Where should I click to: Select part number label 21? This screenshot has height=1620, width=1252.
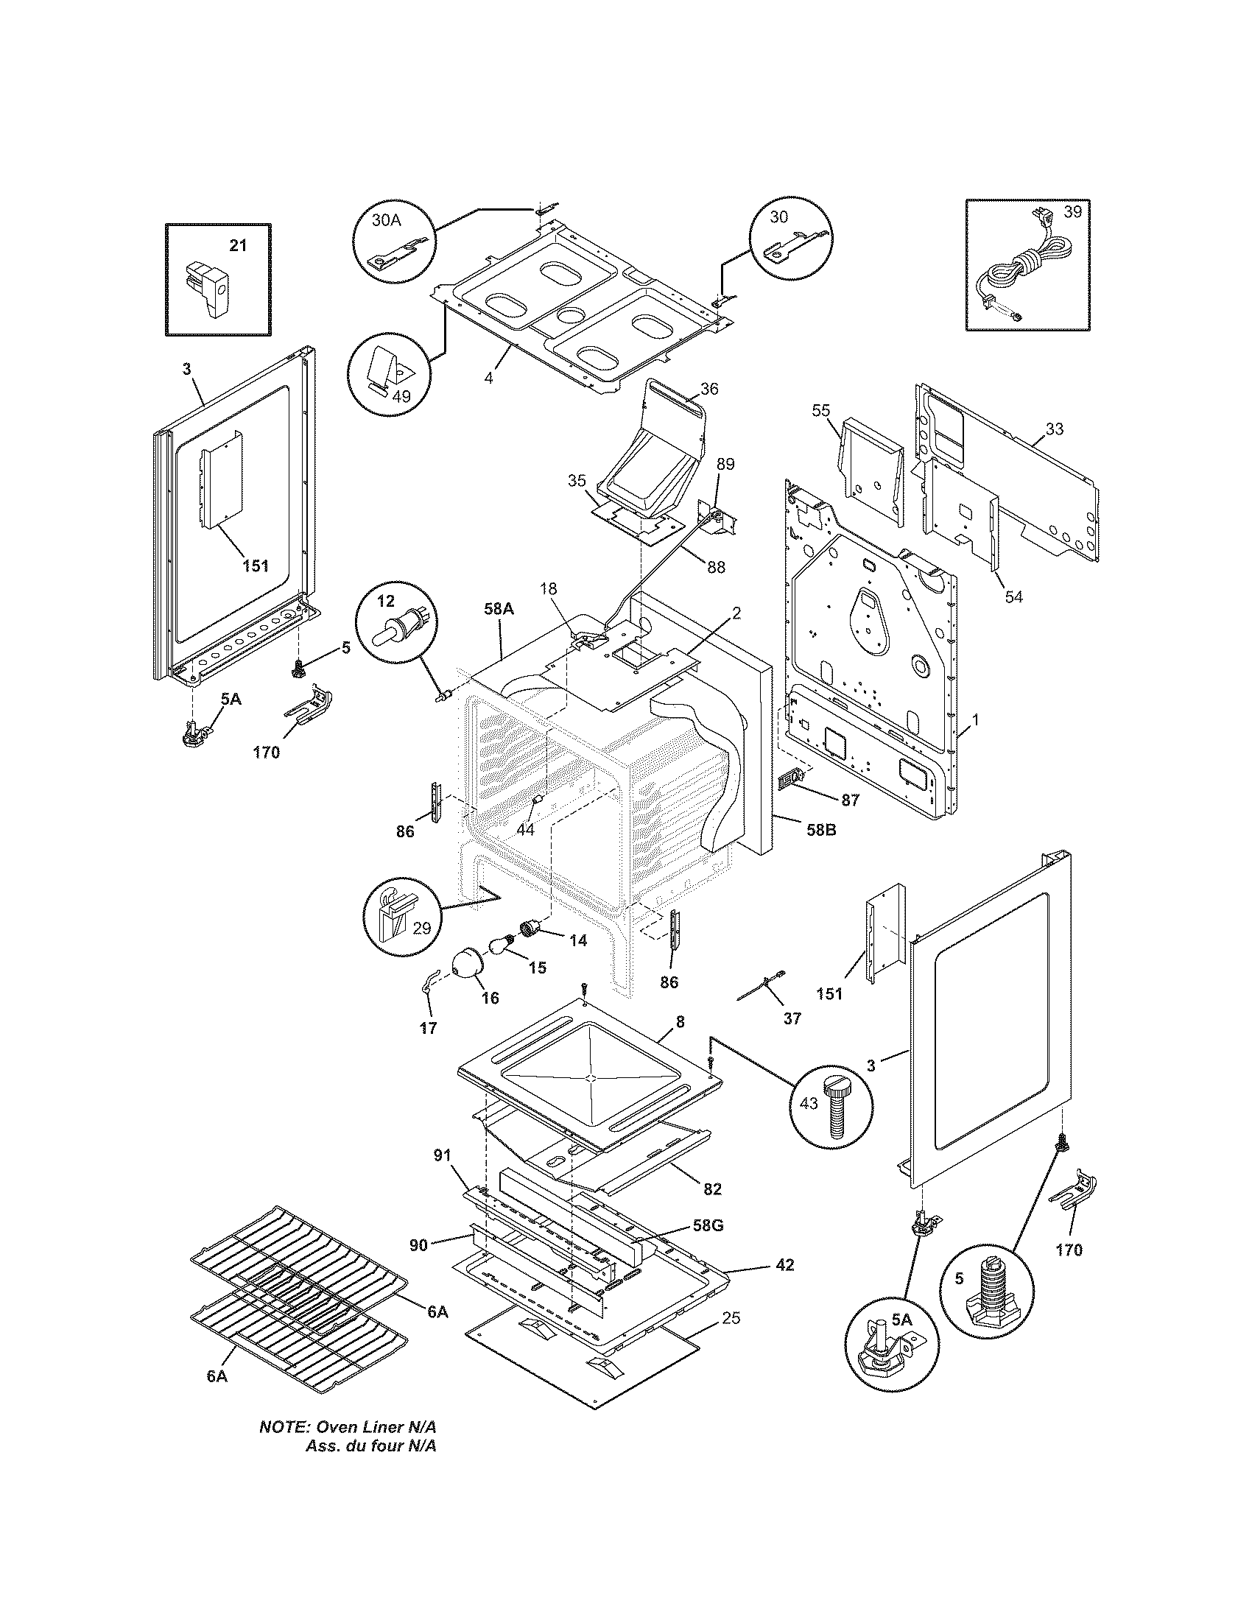(237, 246)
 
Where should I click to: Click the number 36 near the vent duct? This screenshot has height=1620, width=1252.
(708, 389)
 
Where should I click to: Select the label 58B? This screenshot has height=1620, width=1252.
(820, 830)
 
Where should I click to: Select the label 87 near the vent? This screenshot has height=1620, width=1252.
(850, 800)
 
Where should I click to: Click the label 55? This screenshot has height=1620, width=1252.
(820, 410)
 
